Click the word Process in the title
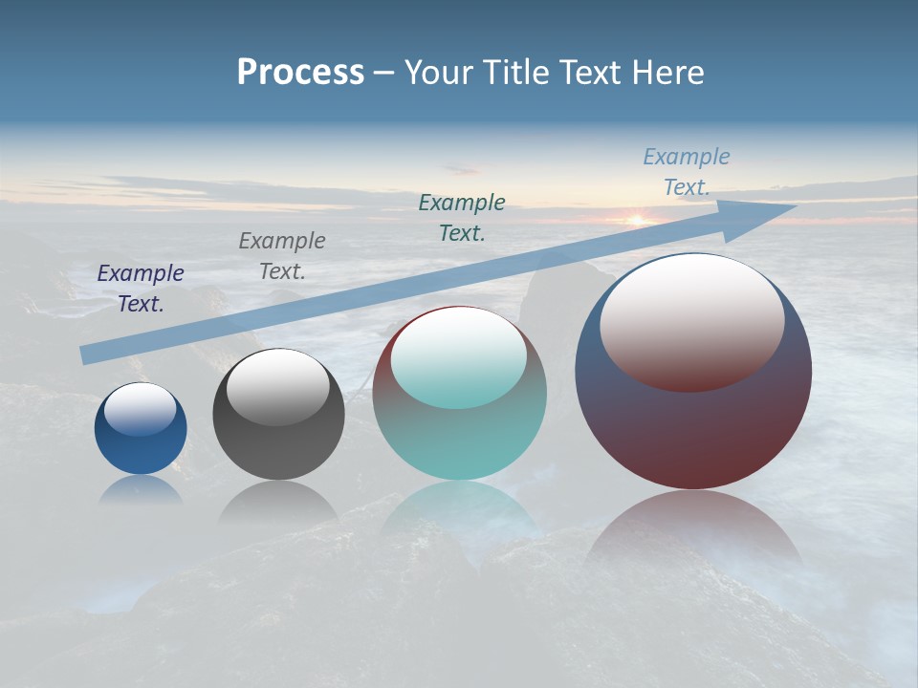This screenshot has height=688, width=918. (300, 72)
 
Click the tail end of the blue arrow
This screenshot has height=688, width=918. (84, 355)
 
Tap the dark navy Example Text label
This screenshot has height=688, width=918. (141, 288)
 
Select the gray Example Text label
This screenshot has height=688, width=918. (282, 255)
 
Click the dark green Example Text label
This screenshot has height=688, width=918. (462, 217)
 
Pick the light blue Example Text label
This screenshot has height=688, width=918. (687, 172)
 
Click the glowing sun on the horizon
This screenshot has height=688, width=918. (636, 220)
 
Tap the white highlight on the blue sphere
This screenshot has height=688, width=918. (141, 409)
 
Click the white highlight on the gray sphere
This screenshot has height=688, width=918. (278, 387)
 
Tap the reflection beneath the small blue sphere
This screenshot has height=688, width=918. (141, 490)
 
